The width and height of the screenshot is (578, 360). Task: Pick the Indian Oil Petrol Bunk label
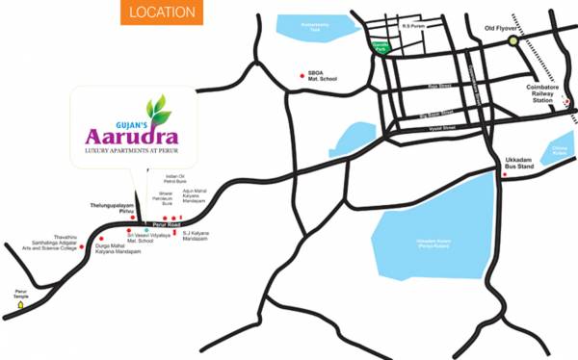(174, 179)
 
